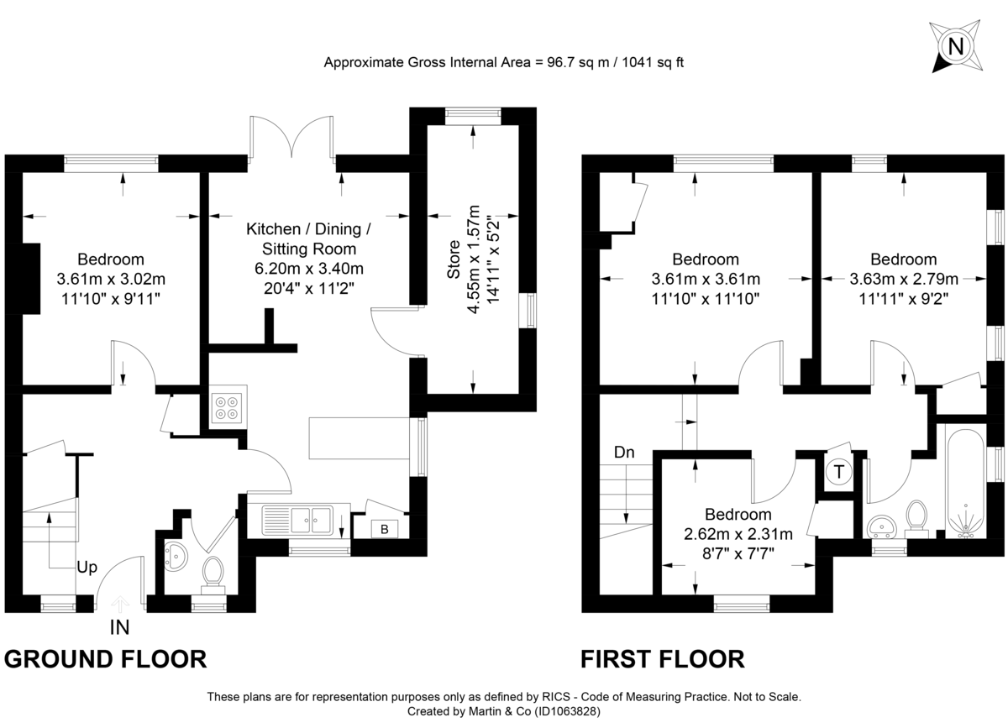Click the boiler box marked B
coord(385,529)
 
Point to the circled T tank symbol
coord(837,473)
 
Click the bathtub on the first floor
coord(965,482)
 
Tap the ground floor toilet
coord(213,573)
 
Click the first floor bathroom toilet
coord(917,517)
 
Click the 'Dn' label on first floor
coord(624,452)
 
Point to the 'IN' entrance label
coord(120,626)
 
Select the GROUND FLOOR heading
coord(106,659)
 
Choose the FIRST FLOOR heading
coord(663,659)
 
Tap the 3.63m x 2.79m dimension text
coord(903,279)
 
